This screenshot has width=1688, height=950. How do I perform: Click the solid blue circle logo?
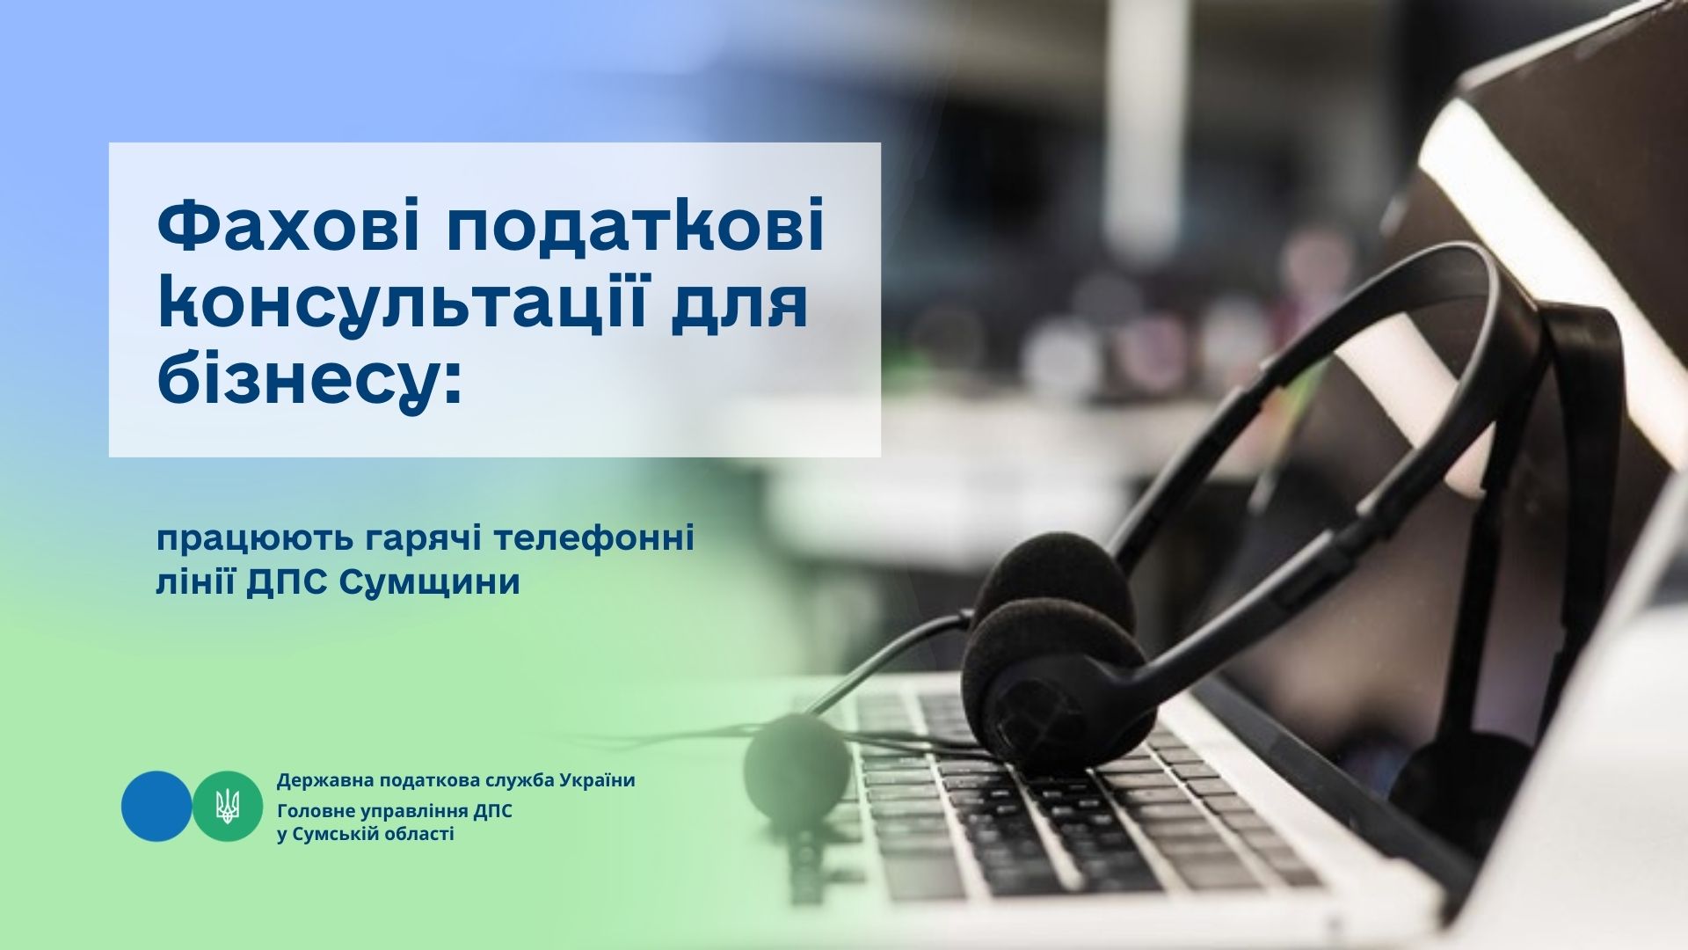[x=156, y=806]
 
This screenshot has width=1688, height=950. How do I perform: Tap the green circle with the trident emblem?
[x=228, y=806]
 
